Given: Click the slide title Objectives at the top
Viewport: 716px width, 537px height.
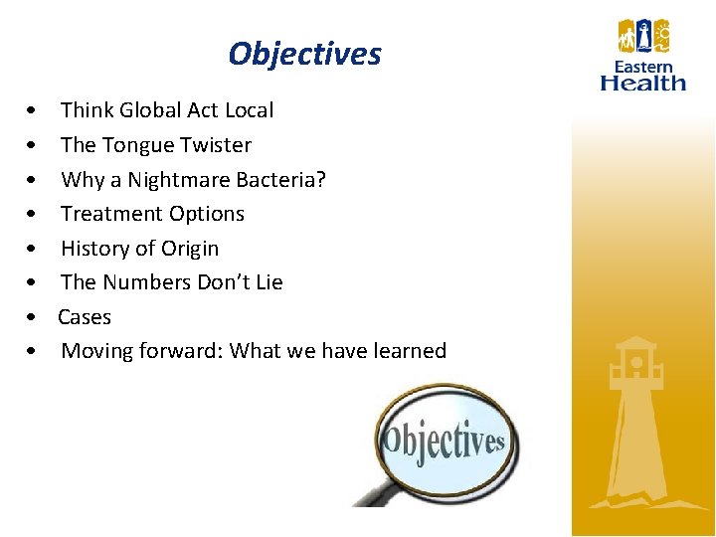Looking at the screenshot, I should (x=304, y=54).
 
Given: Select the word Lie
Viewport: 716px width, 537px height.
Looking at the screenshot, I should (x=268, y=282).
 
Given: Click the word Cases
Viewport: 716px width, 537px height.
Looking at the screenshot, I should (x=85, y=317).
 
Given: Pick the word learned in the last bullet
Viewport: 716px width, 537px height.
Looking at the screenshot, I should (x=409, y=351).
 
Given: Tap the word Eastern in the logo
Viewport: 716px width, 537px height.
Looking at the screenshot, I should (x=643, y=68).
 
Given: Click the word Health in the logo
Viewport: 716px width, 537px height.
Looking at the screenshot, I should (x=643, y=84).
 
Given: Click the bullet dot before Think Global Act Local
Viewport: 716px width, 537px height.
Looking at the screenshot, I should (x=34, y=110).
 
